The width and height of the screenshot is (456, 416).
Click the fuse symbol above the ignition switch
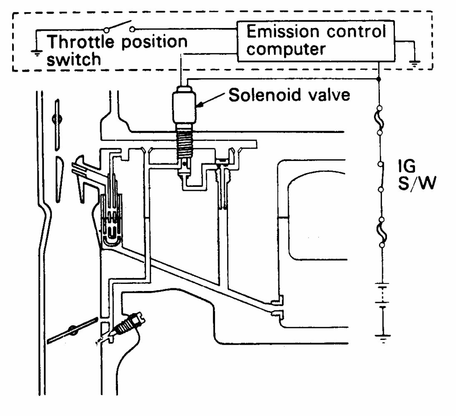379,120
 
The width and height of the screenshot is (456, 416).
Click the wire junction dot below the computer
379,79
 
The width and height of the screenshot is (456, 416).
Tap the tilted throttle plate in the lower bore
72,330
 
